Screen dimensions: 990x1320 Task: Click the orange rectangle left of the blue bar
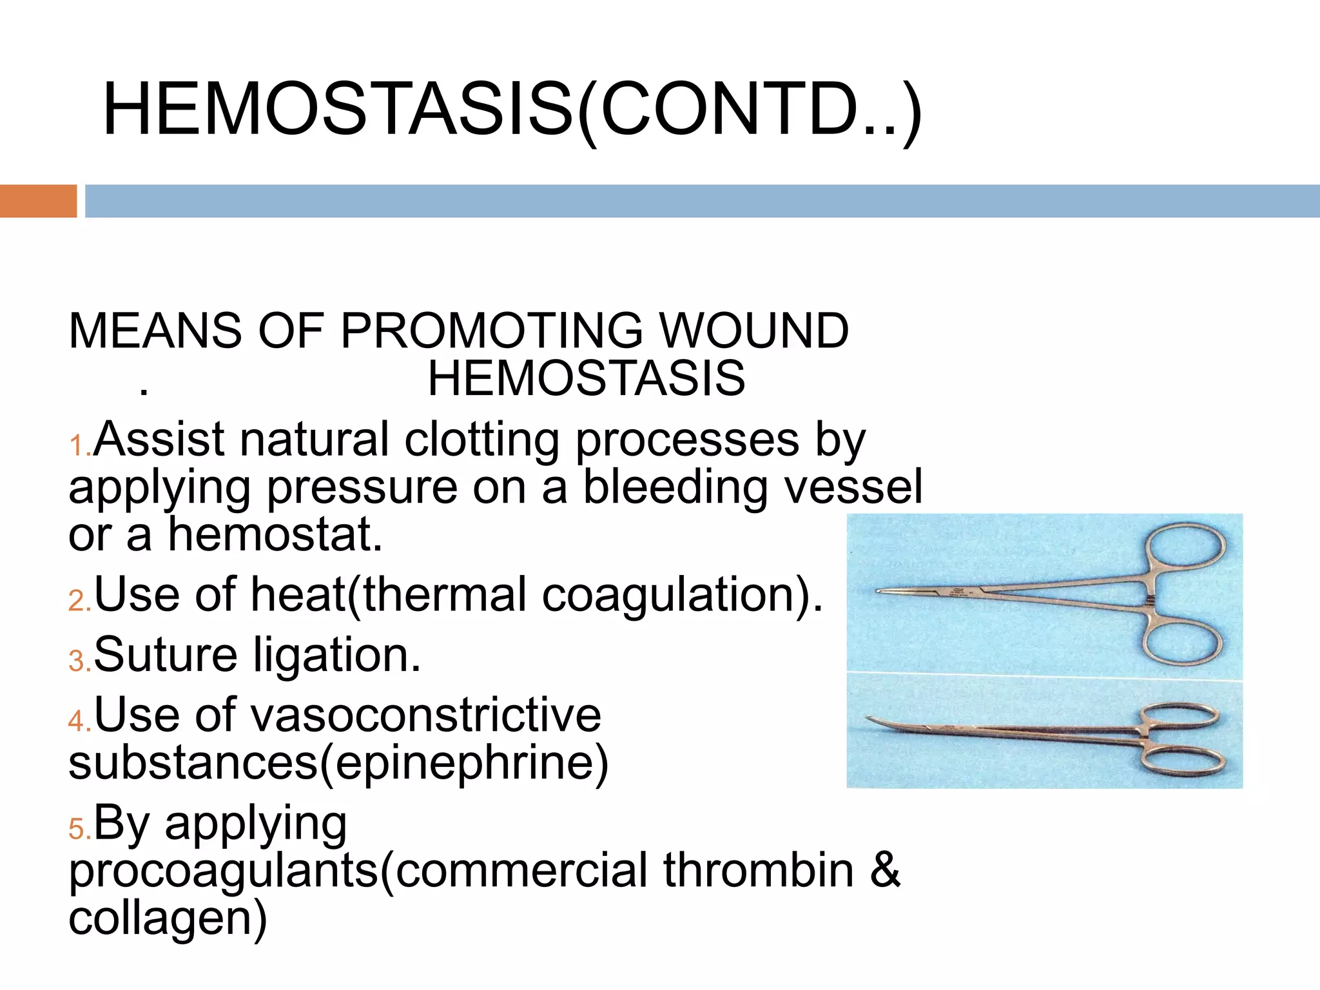[x=38, y=201]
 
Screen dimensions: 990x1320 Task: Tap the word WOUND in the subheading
[x=754, y=331]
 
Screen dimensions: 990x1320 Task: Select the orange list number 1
[x=78, y=447]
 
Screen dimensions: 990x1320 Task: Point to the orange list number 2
[x=78, y=601]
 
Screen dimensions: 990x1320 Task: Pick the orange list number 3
[x=78, y=662]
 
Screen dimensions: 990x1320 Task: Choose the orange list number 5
[x=78, y=830]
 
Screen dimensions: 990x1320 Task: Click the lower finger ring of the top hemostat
[x=1183, y=641]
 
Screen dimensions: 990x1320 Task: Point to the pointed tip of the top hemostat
[x=878, y=591]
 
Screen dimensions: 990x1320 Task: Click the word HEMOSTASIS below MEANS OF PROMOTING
[x=587, y=379]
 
